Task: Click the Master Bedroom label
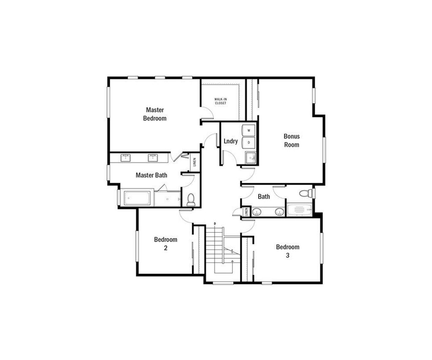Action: tap(155, 114)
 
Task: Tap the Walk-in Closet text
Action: tap(220, 101)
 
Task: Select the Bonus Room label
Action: tap(292, 140)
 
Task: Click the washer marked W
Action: tap(248, 130)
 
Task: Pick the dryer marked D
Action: tap(248, 143)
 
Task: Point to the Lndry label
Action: tap(231, 141)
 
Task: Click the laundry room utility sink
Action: tap(251, 158)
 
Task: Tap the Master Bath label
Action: tap(151, 175)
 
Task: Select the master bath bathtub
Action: tap(137, 198)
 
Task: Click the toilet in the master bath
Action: tap(191, 200)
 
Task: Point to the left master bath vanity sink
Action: tap(125, 158)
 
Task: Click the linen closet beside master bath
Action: tap(194, 162)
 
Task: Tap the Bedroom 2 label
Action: tap(165, 244)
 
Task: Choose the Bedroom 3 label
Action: tap(288, 251)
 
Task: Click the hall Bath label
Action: tap(264, 197)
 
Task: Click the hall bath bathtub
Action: tap(300, 210)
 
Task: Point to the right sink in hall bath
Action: tap(279, 212)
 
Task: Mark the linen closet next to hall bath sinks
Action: tap(246, 212)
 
